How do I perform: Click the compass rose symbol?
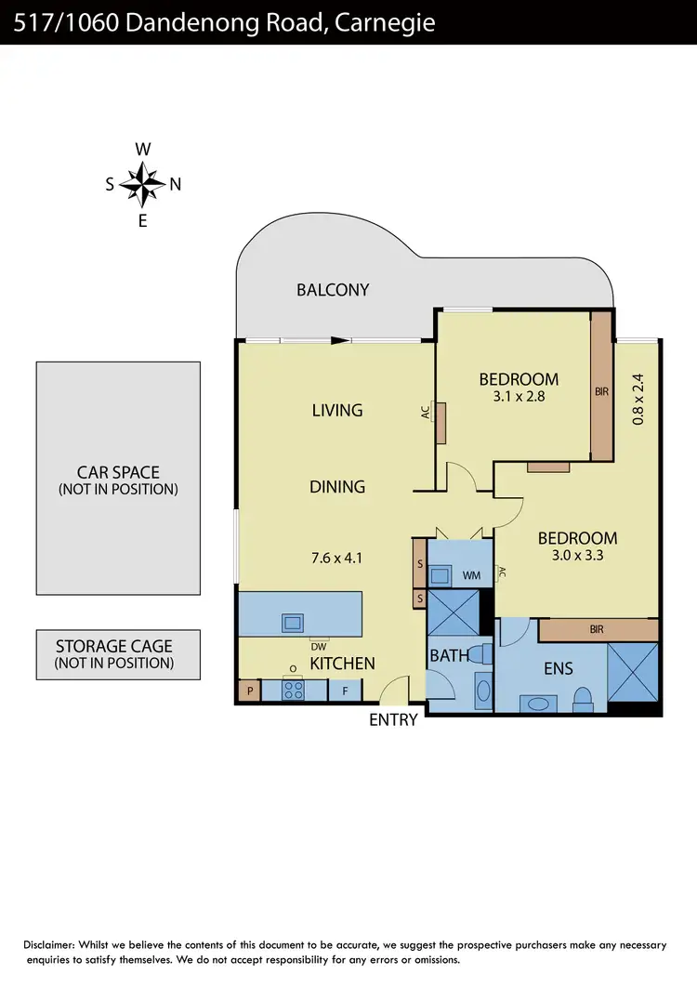(142, 184)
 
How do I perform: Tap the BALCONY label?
(333, 290)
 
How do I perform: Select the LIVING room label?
(336, 410)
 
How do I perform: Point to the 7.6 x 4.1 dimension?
(336, 559)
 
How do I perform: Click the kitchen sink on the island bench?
(293, 623)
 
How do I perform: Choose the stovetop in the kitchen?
(294, 691)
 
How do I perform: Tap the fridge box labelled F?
(345, 691)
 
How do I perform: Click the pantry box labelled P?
(250, 691)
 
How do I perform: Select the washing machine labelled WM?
(472, 575)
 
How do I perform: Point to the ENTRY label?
(393, 719)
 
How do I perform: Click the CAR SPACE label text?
(118, 472)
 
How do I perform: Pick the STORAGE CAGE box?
(118, 654)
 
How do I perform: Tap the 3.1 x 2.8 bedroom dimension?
(519, 396)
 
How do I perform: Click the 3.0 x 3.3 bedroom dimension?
(577, 555)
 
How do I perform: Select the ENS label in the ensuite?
(558, 667)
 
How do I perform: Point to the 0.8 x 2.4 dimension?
(638, 399)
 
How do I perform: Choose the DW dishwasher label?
(318, 645)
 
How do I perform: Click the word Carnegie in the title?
(386, 21)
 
